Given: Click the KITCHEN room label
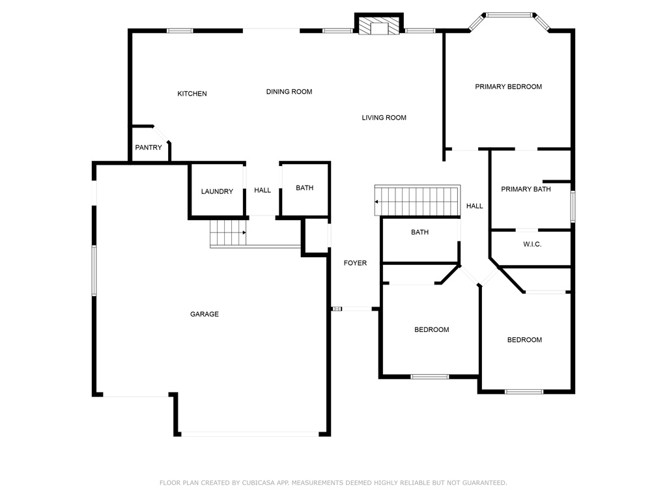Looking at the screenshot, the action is click(x=192, y=94).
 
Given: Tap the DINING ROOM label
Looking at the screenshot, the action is click(x=289, y=91).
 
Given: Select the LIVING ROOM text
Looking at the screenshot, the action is click(x=384, y=117).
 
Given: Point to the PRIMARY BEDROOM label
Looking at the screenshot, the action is click(x=508, y=87).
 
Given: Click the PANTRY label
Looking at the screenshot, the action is click(x=149, y=147).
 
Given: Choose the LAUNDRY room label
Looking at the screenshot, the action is click(x=217, y=191).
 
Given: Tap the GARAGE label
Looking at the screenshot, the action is click(x=204, y=314).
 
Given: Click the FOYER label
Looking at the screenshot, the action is click(x=355, y=263).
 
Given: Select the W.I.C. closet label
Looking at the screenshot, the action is click(x=532, y=244).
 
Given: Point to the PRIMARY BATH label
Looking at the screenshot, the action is click(x=526, y=189).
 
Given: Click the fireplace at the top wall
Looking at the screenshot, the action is click(x=379, y=25).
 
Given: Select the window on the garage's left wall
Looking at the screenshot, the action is click(x=94, y=270).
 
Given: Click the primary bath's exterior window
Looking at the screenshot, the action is click(x=573, y=206).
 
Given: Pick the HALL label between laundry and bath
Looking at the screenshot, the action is click(x=263, y=190).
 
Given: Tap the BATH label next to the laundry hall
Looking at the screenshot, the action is click(x=305, y=187).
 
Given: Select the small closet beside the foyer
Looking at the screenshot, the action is click(x=316, y=236).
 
